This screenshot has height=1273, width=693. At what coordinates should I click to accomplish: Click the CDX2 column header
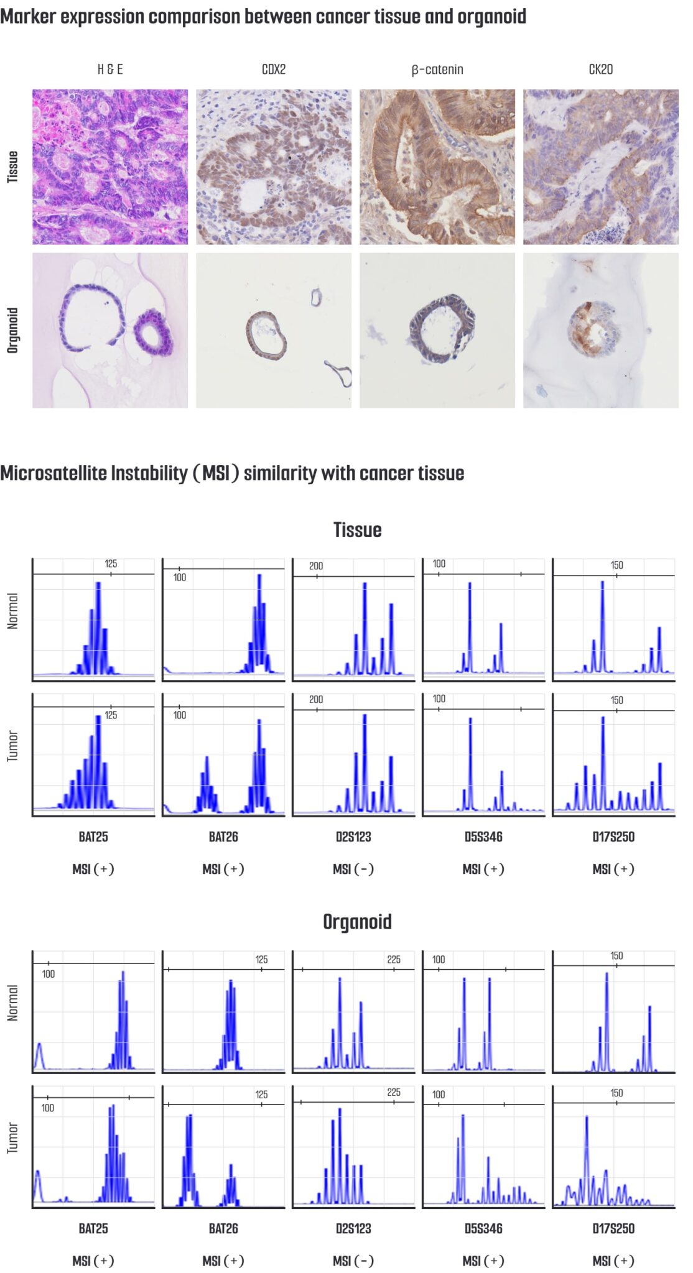[273, 69]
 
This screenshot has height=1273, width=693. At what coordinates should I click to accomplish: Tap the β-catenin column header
[437, 69]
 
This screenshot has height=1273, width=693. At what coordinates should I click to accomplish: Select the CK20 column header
[600, 69]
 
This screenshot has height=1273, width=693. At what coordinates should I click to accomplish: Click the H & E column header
[110, 69]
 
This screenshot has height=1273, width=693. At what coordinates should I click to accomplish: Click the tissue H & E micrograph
[110, 167]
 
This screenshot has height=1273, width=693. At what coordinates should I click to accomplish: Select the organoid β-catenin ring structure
[442, 328]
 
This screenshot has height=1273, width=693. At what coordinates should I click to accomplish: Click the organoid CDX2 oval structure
[266, 336]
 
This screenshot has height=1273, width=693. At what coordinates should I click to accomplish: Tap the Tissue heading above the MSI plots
[357, 530]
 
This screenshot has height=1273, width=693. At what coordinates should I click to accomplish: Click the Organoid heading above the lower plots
[357, 922]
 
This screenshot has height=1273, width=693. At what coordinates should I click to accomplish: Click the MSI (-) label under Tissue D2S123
[353, 869]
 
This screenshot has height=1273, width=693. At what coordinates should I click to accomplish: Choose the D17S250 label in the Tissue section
[613, 837]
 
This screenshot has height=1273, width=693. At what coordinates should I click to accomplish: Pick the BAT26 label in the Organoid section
[223, 1228]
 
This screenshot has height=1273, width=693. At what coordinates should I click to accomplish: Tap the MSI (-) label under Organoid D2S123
[353, 1261]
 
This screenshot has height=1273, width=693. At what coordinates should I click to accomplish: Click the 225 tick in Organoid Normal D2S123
[394, 960]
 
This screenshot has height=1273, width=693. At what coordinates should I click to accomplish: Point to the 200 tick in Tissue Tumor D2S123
[316, 700]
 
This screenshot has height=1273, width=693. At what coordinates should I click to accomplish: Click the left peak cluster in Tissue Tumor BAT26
[207, 786]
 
